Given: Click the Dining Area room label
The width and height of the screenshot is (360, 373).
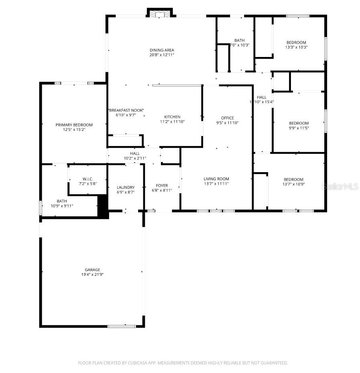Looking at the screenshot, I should [162, 50].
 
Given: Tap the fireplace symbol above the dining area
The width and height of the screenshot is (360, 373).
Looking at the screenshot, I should [160, 14].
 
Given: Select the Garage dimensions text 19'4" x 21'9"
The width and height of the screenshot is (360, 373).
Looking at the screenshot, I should [92, 275].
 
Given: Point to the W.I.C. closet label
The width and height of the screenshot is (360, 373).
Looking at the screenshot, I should [88, 179].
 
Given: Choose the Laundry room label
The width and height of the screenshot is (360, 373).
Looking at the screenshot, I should [126, 188].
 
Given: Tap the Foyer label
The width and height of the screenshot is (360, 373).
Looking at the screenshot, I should [162, 185].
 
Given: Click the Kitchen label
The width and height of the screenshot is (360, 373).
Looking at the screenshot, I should [172, 117].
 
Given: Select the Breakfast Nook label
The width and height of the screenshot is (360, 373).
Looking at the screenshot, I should [126, 110].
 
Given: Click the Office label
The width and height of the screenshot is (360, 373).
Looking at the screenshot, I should [227, 118].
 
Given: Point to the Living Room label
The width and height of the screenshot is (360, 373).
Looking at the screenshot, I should [216, 179].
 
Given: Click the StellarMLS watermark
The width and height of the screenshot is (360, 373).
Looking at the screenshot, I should [340, 187].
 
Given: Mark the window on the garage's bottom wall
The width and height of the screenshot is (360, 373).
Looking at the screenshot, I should [121, 326].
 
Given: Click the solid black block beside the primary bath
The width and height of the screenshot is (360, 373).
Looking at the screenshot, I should [104, 206].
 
